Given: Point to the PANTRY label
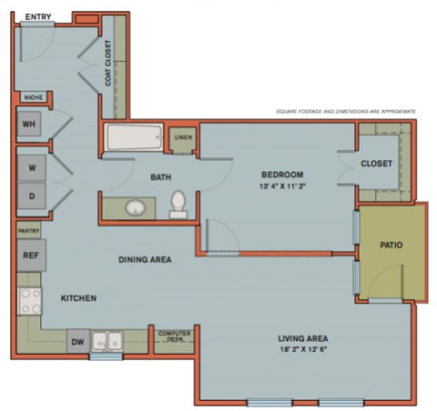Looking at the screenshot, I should click(27, 232).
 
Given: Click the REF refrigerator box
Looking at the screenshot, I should click(28, 256).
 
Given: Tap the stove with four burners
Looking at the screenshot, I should click(29, 300).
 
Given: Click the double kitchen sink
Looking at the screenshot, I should click(107, 342).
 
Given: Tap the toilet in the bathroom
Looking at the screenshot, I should click(178, 204).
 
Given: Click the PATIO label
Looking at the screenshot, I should click(391, 246).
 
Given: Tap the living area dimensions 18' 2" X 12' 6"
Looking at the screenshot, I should click(304, 353).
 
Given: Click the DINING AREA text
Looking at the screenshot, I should click(146, 259).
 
